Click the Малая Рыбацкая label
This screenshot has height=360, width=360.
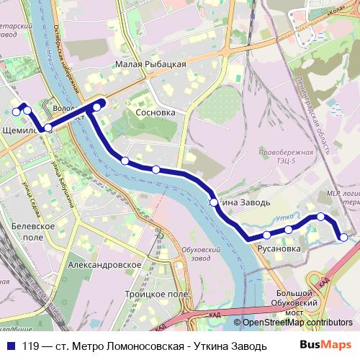click(x=150, y=64)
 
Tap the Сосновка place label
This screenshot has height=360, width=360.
click(x=156, y=113)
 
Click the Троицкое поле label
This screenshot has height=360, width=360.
click(x=156, y=294)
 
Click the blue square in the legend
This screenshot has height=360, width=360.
click(x=12, y=345)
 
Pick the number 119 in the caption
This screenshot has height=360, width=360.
click(x=32, y=345)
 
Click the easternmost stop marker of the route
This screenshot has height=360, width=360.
click(x=343, y=237)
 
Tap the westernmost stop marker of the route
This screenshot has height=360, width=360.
click(x=16, y=112)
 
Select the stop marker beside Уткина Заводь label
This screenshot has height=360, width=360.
click(x=214, y=202)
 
